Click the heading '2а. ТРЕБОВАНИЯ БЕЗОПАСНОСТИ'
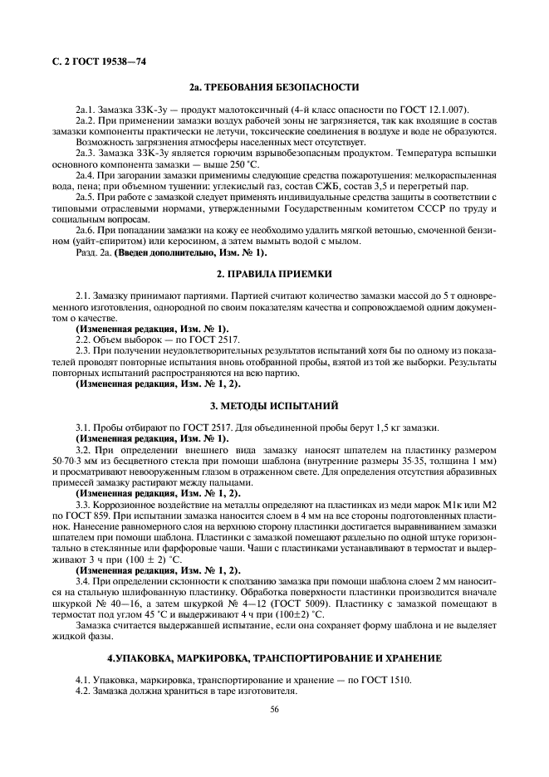pyautogui.click(x=274, y=86)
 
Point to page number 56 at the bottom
pyautogui.click(x=274, y=709)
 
